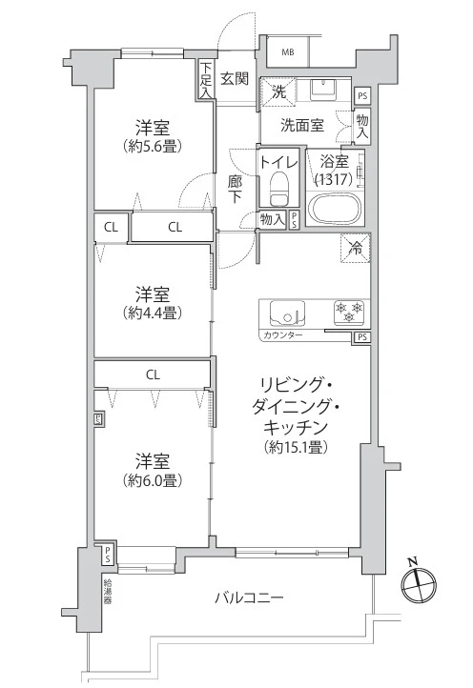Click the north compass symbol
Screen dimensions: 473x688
point(419,582)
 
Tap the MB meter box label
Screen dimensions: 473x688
point(288,52)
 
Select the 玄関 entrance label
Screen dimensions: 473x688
point(235,79)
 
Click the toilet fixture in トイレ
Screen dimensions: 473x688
point(278,189)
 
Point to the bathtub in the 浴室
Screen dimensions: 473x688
point(335,209)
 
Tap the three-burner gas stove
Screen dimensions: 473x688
point(350,312)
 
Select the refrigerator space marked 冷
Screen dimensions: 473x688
point(356,248)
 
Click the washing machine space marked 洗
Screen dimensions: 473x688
point(278,91)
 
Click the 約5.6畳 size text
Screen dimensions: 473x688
point(153,145)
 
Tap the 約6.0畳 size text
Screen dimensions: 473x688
point(153,480)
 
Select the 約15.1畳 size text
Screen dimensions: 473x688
point(297,446)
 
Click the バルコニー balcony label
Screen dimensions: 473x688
point(249,597)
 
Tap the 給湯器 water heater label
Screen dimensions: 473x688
point(107,592)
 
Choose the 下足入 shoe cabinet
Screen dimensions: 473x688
point(206,79)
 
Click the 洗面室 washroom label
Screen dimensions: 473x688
point(302,126)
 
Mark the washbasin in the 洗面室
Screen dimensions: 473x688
point(323,89)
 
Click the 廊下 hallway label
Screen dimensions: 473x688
point(235,189)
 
